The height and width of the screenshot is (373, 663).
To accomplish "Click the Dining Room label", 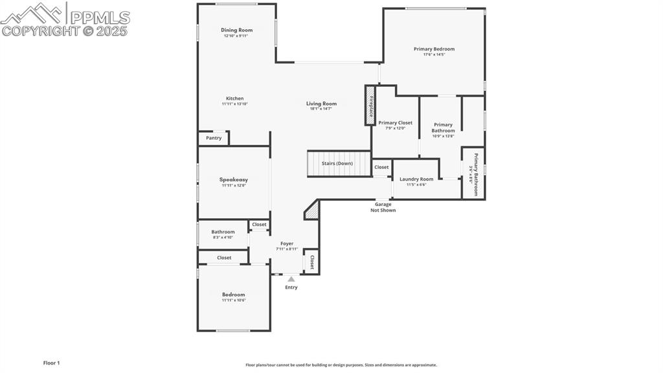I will pos(236,30).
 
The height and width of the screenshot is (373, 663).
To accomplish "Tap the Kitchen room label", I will pos(234,98).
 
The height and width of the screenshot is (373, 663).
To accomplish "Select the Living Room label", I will pos(321,104).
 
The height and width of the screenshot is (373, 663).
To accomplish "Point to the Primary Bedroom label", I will pos(434,49).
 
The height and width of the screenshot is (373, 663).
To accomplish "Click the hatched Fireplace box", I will pos(370,105).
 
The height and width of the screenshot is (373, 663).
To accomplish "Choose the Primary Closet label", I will pos(395,122).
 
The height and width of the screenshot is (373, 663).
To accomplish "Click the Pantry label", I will pos(214,138).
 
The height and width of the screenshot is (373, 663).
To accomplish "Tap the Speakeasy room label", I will pos(233,179).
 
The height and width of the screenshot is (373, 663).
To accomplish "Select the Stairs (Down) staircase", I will pos(338,163).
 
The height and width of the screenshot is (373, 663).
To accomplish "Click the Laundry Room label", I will pos(416,179).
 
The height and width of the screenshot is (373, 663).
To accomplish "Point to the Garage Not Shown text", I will pos(383,207).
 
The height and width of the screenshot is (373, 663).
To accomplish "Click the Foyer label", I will pos(287,243).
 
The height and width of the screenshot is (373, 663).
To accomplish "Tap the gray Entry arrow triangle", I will pos(291,279).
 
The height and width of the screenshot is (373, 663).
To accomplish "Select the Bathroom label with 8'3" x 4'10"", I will pos(223,232).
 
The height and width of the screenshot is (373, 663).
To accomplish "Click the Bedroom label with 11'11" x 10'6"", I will pos(233,295).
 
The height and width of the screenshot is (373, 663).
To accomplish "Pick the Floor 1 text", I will pos(51,363).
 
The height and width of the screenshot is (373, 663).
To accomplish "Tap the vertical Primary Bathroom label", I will pos(476,174).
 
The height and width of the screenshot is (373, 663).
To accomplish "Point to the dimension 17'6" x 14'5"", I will pos(434,55).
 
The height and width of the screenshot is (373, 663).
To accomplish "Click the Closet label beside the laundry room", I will pos(381,167).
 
